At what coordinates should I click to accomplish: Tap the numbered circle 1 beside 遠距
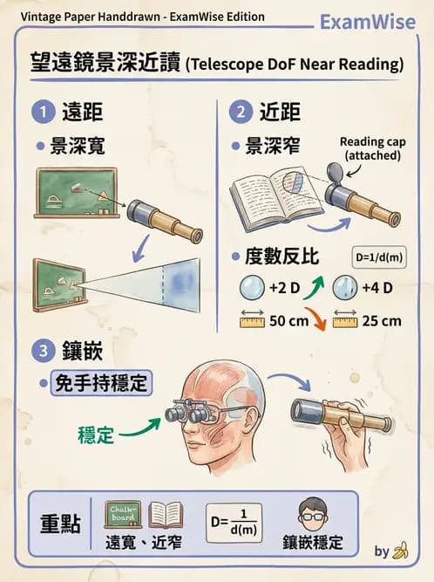point(42,112)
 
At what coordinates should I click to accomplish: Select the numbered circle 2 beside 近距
point(240,112)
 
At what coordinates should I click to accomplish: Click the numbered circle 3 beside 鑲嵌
point(42,353)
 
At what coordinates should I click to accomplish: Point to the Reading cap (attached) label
point(372,148)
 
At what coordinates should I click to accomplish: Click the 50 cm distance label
point(287,320)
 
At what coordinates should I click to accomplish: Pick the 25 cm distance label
point(382,320)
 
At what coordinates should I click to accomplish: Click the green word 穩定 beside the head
point(96,435)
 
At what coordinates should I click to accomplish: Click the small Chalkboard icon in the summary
point(123,515)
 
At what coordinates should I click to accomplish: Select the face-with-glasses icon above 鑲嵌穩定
point(312,514)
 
